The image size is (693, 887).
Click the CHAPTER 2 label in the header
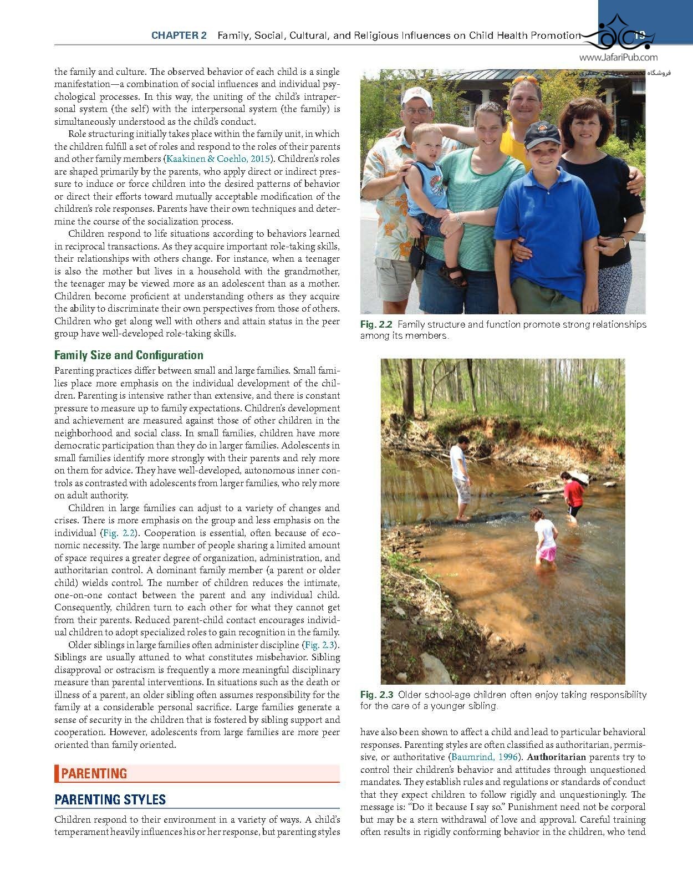pos(179,35)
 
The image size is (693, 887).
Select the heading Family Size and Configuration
pos(129,355)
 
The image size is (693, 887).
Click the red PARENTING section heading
pos(94,773)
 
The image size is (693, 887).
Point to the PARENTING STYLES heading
pos(110,799)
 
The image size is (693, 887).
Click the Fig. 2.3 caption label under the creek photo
pos(376,695)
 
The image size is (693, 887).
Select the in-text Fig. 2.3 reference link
pos(320,645)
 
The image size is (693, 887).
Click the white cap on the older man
pos(416,96)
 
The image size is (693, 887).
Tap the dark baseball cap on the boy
pos(542,134)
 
